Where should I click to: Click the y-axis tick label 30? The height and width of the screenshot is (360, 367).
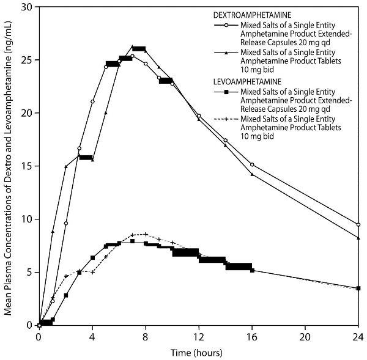[x=27, y=7]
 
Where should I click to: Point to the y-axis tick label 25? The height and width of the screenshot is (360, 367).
[x=27, y=60]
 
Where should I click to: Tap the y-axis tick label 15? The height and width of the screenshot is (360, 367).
[x=27, y=166]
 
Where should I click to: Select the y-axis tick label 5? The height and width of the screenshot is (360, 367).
[x=29, y=273]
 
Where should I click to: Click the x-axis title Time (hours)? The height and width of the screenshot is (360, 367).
[x=196, y=353]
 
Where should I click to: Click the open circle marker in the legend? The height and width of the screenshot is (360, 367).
[x=226, y=26]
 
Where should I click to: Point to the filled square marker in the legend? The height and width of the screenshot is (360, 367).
[x=226, y=91]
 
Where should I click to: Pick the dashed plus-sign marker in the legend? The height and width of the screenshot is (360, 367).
[x=226, y=118]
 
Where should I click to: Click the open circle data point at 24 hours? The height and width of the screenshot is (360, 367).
[x=358, y=224]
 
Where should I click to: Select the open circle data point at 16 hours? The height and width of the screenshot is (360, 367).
[x=252, y=164]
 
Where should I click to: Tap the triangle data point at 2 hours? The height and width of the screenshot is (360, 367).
[x=65, y=166]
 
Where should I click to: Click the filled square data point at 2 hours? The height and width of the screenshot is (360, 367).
[x=65, y=295]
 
